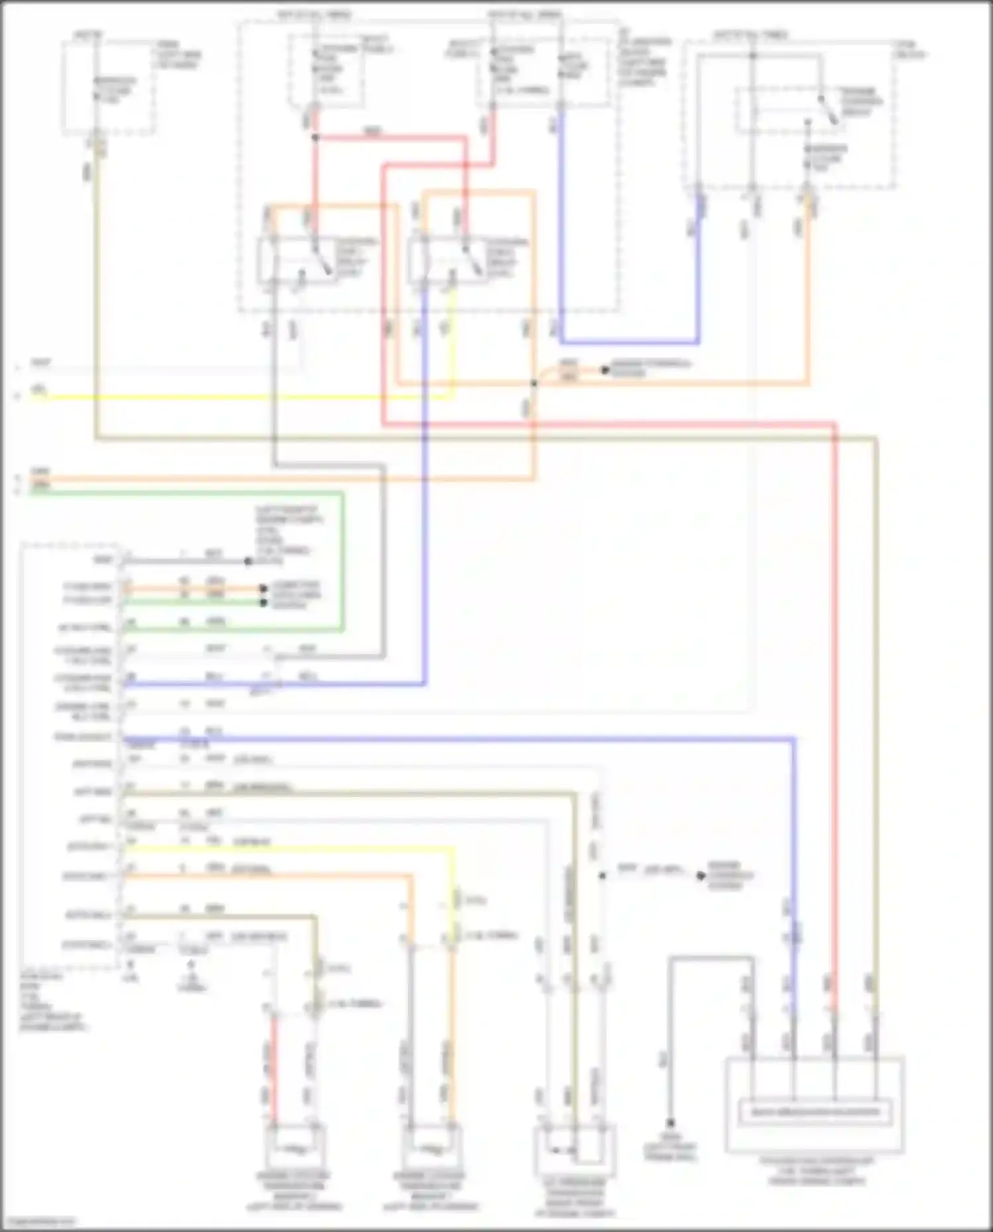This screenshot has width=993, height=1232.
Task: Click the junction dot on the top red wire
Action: tap(315, 138)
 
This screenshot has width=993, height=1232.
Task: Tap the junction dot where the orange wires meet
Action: tap(534, 383)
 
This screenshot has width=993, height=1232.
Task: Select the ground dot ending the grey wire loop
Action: tap(670, 1123)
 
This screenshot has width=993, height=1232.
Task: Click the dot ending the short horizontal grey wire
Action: tap(248, 561)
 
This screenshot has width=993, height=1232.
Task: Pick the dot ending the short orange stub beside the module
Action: tap(263, 588)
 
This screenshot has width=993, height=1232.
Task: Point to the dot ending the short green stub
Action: tap(263, 602)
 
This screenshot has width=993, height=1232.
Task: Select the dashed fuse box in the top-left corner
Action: tap(109, 87)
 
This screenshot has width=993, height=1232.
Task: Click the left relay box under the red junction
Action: tap(298, 261)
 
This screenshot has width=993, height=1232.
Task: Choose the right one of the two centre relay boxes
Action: tap(448, 261)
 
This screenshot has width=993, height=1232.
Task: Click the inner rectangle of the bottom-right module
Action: tap(814, 1113)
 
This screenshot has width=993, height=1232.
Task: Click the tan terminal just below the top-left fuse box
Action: tap(98, 147)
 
